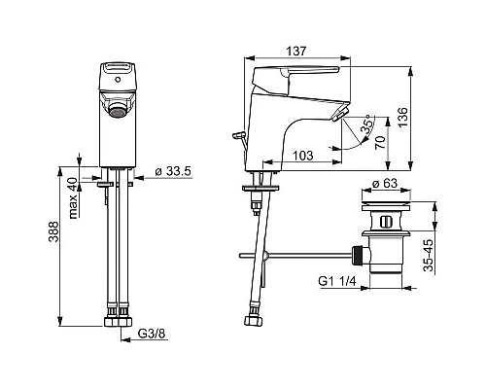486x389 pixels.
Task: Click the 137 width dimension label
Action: (296, 51)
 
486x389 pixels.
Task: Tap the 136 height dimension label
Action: (402, 117)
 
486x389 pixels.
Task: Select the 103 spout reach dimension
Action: (303, 156)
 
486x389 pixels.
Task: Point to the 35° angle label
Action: (366, 124)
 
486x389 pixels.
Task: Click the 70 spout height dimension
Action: (380, 142)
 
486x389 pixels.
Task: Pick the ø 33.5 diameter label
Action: (173, 171)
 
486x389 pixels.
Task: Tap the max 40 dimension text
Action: (74, 198)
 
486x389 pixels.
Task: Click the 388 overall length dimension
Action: (53, 231)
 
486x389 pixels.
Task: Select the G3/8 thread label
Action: (153, 334)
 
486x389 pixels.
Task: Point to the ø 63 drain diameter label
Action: (385, 183)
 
